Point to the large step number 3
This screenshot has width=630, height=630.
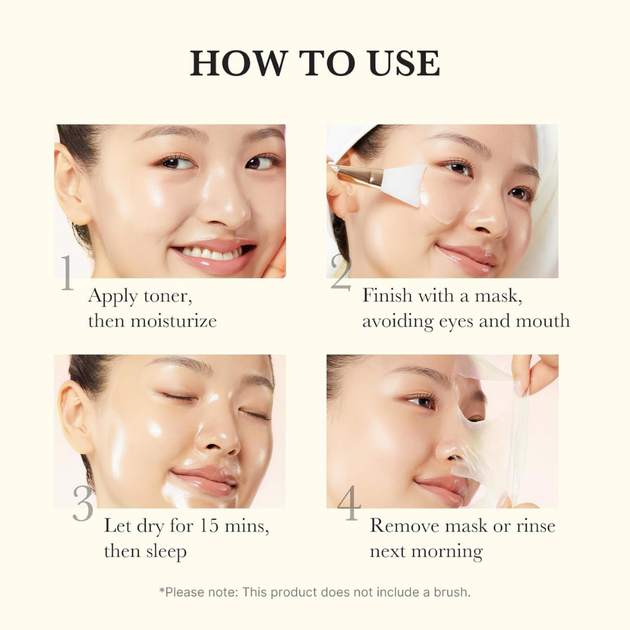coord(83,505)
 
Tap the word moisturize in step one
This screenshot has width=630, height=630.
coord(173,321)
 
